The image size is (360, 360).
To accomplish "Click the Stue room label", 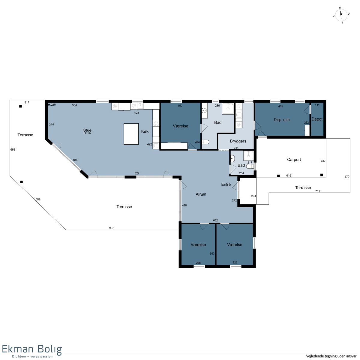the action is (x=87, y=130).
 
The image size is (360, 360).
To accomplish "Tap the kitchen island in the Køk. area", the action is (x=131, y=134).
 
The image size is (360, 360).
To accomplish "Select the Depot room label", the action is (x=317, y=119).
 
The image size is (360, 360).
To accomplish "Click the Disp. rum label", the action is (x=281, y=120).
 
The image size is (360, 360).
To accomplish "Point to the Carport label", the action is (x=294, y=160).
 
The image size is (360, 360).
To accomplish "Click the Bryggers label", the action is (x=238, y=141).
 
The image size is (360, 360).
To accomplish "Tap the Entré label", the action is (x=226, y=184).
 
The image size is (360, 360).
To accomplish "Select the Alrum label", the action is (x=201, y=194).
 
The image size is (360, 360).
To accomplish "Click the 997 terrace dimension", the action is (x=111, y=228).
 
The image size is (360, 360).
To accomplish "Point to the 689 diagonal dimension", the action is (x=38, y=199).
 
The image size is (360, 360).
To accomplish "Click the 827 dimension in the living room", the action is (x=137, y=173).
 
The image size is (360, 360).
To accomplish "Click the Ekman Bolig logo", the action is (x=32, y=351).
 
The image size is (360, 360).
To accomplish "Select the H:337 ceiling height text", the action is (x=87, y=133).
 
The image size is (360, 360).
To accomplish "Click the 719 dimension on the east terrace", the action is (x=318, y=191).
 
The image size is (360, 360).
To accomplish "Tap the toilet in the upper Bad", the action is (x=205, y=142).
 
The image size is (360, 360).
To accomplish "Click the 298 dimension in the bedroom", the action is (x=198, y=263).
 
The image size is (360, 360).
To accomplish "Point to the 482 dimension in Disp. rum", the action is (x=280, y=106).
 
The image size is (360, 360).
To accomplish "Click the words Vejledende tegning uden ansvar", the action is (x=331, y=356).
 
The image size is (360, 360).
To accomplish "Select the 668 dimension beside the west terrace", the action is (x=13, y=149).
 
